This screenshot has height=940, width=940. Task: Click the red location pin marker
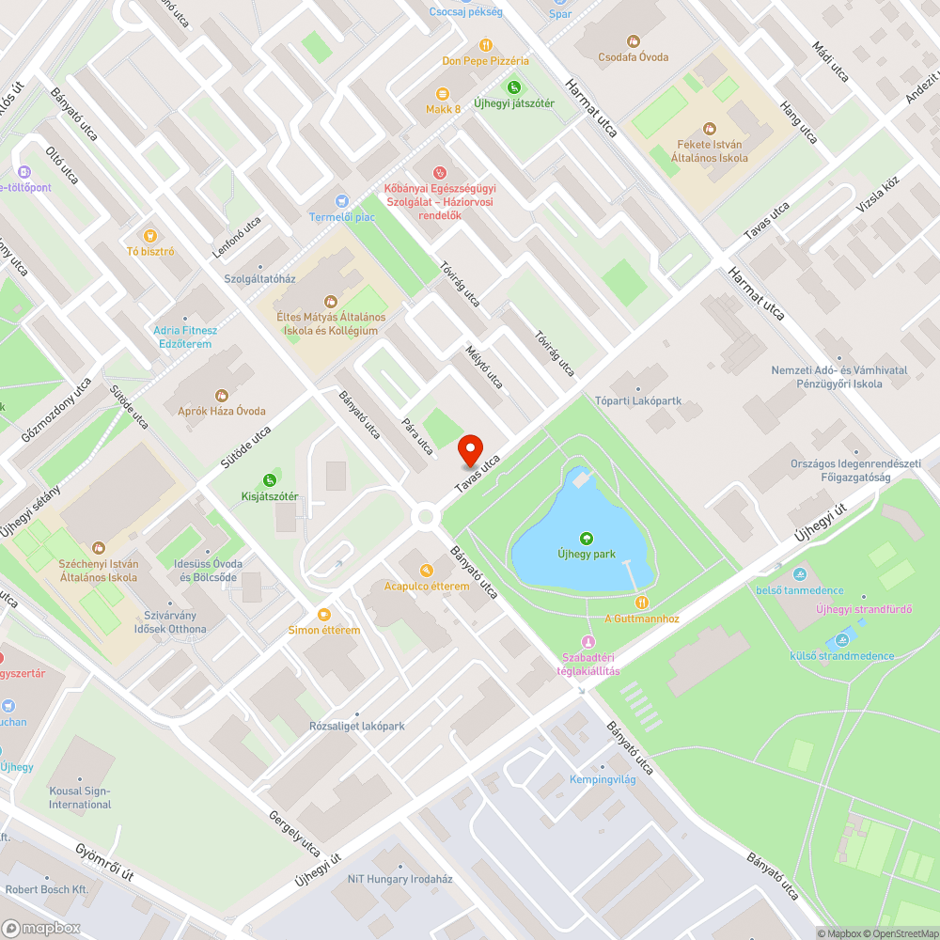(x=468, y=452)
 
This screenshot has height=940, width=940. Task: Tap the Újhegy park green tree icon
(x=587, y=538)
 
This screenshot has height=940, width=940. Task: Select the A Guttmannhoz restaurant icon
(x=641, y=602)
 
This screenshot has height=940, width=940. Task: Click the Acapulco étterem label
(x=427, y=587)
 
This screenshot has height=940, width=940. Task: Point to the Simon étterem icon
(x=324, y=614)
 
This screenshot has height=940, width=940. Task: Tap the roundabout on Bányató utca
(x=428, y=515)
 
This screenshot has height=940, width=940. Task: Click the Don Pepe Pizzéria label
(x=485, y=61)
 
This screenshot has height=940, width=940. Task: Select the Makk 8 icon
(x=443, y=93)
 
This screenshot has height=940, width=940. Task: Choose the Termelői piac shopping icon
(x=342, y=201)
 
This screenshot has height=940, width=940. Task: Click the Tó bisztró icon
(x=148, y=235)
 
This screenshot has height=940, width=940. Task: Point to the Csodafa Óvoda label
(x=633, y=57)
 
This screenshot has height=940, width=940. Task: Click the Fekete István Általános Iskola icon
(x=710, y=127)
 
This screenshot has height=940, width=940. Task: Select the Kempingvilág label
(x=603, y=780)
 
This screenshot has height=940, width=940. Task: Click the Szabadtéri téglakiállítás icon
(x=589, y=641)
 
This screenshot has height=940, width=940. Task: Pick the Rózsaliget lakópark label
(x=357, y=727)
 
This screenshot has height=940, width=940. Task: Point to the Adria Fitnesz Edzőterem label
(x=185, y=337)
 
